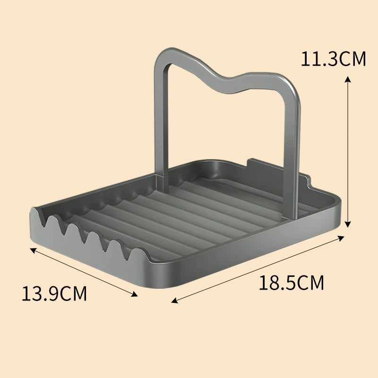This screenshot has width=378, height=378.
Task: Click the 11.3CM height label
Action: (333, 60)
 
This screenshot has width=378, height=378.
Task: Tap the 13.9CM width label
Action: (54, 293)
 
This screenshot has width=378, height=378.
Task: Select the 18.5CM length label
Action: (292, 283)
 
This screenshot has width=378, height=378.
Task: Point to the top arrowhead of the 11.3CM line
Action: (348, 77)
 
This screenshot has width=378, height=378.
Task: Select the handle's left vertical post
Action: (161, 118)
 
